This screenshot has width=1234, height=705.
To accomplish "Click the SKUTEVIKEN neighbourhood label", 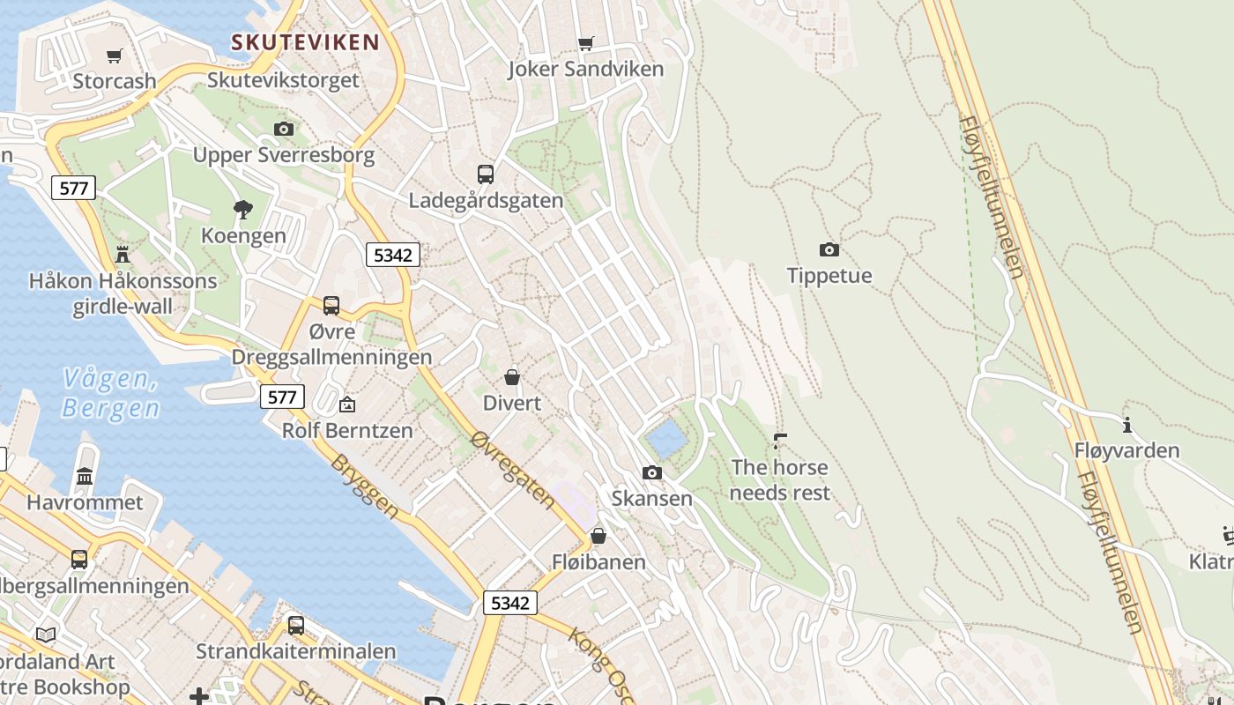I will pos(305,41).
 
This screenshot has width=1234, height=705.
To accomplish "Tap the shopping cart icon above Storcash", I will pos(114,56).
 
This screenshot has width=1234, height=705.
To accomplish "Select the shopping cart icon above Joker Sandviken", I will pos(585,43).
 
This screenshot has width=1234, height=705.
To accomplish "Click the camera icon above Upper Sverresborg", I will pos(283,130).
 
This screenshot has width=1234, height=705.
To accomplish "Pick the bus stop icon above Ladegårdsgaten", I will pos(485,174).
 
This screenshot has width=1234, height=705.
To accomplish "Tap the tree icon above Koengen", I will pos(243,210).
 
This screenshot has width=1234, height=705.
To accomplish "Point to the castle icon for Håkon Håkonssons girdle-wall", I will pos(123,255).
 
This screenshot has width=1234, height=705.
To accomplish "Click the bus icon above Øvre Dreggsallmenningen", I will pos(331,306).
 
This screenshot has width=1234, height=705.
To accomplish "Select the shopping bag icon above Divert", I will pos(512,377).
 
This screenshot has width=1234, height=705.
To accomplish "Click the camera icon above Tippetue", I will pos(829,249).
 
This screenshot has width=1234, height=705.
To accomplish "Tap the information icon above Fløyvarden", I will pos(1126,425).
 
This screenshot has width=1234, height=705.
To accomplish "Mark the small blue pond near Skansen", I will pos(665,438).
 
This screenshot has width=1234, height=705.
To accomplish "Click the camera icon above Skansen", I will pos(651,472).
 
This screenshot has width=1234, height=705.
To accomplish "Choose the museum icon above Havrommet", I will pos(85,476).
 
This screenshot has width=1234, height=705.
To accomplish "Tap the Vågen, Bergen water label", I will pos(110,394).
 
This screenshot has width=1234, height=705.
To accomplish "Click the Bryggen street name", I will pos(365,486).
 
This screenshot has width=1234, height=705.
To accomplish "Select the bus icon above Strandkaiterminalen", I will pos(296,626).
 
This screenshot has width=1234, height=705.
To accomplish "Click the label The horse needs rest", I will pos(780,479).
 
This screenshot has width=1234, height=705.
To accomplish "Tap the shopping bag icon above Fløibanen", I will pos(598,536).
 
